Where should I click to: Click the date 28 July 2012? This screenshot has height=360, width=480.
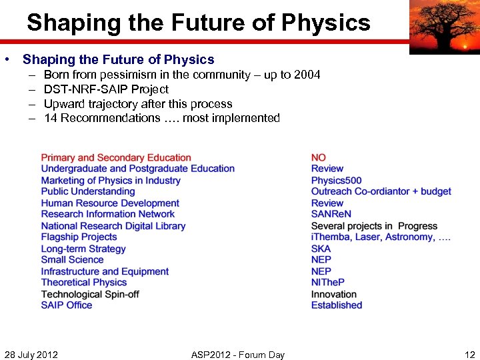31,355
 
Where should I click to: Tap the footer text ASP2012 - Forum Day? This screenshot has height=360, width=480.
237,355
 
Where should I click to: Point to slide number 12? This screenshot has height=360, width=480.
469,355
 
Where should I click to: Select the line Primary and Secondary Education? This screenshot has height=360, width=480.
116,158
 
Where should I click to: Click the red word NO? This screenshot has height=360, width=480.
319,158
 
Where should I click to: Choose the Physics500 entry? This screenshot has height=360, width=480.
337,181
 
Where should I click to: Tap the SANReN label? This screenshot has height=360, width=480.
331,215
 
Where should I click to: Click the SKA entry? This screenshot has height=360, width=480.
321,249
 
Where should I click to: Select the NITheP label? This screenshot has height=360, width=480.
328,283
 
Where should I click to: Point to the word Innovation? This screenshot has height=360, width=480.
334,294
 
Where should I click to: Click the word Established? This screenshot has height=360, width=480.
337,305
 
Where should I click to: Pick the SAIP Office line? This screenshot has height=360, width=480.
67,305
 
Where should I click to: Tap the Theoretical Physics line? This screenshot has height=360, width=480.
84,283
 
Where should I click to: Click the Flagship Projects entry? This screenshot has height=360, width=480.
79,237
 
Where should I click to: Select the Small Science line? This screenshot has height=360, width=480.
72,260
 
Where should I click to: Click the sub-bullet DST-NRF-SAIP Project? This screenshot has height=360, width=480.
106,89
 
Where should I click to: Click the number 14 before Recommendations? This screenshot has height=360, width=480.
50,119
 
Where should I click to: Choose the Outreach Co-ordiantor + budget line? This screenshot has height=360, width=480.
381,192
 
